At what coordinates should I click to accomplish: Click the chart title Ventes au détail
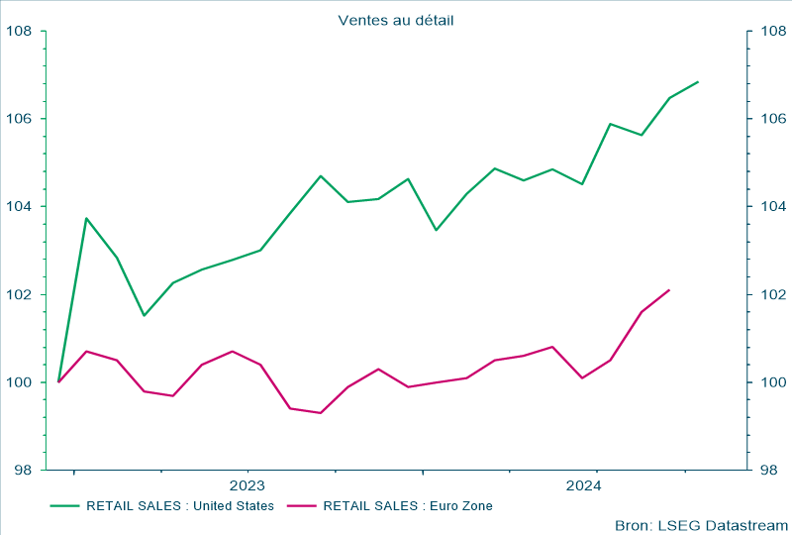[x=395, y=20]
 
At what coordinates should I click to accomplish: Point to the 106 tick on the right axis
[x=773, y=119]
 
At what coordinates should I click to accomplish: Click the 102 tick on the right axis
[x=773, y=294]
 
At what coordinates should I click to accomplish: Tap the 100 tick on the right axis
[x=773, y=382]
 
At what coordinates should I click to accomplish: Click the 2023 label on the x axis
[x=247, y=485]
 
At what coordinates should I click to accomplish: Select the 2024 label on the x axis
[x=583, y=485]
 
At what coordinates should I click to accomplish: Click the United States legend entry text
[x=180, y=505]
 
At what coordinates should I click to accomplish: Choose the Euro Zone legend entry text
[x=408, y=505]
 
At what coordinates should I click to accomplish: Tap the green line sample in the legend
[x=64, y=505]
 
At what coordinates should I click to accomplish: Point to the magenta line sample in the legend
[x=301, y=505]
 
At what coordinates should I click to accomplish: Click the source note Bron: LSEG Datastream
[x=700, y=524]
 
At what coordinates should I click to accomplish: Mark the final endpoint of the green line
[x=698, y=81]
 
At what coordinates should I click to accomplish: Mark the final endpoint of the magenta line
[x=669, y=290]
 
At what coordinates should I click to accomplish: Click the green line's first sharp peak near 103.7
[x=87, y=218]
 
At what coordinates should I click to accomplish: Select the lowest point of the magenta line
[x=320, y=413]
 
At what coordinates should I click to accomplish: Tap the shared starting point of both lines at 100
[x=59, y=381]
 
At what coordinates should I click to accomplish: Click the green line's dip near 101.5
[x=145, y=316]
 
